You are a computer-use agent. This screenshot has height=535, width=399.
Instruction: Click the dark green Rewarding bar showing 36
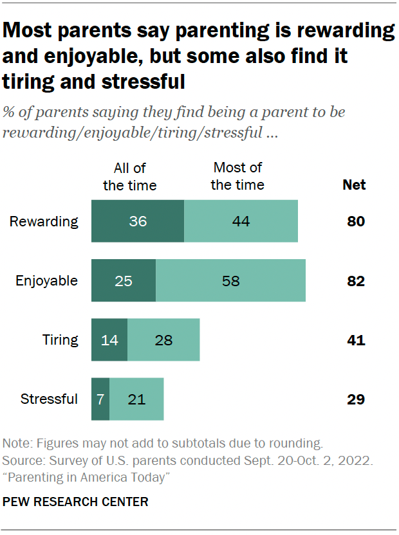coord(138,221)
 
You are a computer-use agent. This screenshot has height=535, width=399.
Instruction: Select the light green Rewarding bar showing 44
coord(241,221)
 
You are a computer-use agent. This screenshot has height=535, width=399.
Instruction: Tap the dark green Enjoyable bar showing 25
coord(124,280)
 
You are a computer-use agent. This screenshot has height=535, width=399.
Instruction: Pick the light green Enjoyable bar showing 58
coord(230,280)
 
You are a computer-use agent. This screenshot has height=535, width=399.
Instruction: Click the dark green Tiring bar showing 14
coord(109,340)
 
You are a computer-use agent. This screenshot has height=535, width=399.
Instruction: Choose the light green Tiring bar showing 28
coord(163,340)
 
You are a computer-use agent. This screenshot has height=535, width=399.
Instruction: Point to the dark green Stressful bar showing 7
coord(100,399)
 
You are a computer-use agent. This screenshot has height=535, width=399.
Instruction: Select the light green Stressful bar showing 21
coord(136,399)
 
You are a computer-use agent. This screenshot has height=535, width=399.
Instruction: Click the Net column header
coord(354,185)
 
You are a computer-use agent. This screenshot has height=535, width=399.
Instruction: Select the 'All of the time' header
coord(130,177)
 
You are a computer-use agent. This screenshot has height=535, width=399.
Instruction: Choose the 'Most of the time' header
coord(237,177)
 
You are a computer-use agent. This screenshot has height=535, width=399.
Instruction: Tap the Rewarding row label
coord(44,222)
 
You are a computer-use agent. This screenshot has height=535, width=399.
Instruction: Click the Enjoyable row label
coord(46,281)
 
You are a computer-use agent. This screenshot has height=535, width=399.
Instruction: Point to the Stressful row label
coord(49,399)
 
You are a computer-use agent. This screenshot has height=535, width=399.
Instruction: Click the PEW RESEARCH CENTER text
coord(75,502)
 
